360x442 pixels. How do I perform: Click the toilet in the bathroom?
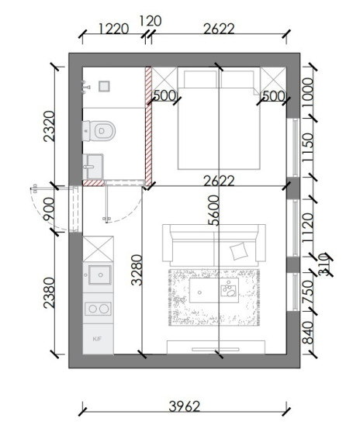(x=99, y=131)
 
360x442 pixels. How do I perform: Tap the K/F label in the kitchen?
(x=97, y=339)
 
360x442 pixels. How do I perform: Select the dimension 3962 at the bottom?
(x=185, y=406)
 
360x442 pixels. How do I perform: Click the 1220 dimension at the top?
(x=113, y=29)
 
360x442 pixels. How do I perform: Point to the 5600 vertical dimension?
(x=214, y=210)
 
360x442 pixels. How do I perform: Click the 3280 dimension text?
(x=137, y=270)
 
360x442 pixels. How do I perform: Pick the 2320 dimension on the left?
(x=49, y=126)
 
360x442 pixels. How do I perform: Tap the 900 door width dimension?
(x=49, y=209)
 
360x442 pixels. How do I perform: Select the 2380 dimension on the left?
(x=49, y=292)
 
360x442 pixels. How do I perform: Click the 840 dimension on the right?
(x=308, y=333)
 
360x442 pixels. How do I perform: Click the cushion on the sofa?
(x=239, y=251)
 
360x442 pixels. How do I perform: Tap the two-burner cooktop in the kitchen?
(x=98, y=309)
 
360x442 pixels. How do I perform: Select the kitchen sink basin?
(x=99, y=275)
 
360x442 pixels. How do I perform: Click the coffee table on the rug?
(x=214, y=290)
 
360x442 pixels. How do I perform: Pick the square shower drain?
(x=104, y=86)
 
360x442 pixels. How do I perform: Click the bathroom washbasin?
(x=94, y=167)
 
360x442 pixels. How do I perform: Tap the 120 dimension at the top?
(x=151, y=21)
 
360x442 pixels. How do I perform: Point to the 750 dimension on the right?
(x=308, y=292)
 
